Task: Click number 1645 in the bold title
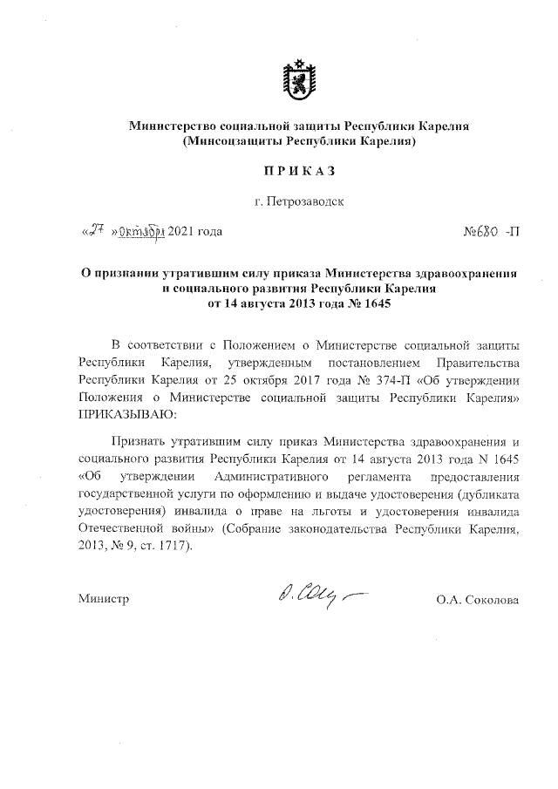point(369,303)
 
